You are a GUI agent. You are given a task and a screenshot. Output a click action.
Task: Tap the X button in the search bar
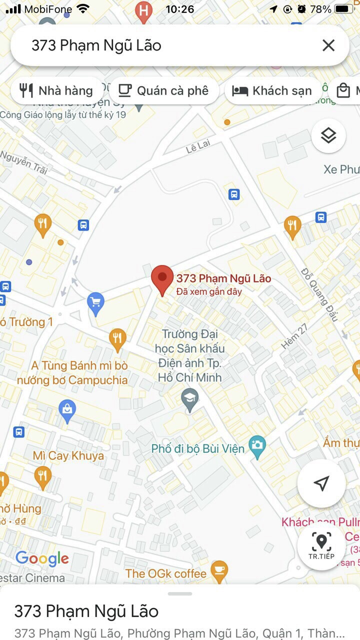click(x=328, y=45)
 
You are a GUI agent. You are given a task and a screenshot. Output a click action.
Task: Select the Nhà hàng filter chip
click(x=56, y=90)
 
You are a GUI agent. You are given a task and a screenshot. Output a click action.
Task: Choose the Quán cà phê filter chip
click(x=163, y=90)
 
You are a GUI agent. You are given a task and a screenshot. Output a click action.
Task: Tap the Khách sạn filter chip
click(x=272, y=90)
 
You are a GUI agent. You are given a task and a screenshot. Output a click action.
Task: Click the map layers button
click(x=328, y=135)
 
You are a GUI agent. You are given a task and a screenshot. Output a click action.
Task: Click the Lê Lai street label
click(x=198, y=146)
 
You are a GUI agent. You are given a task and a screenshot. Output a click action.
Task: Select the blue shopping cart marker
click(x=95, y=303)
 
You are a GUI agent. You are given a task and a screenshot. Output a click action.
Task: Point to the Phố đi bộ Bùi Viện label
click(x=198, y=448)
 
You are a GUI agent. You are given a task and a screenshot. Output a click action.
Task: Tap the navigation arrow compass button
click(x=321, y=483)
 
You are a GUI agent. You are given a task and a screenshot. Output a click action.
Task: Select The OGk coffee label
click(x=165, y=573)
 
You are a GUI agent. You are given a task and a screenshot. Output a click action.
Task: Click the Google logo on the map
click(x=42, y=558)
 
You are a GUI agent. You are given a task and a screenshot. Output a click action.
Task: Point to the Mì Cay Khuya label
click(x=68, y=455)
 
